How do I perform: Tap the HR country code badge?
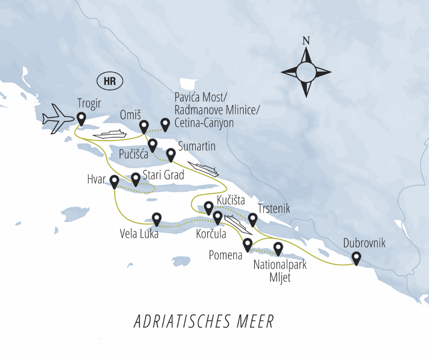110,82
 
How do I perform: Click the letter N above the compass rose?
306,41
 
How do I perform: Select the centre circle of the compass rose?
306,72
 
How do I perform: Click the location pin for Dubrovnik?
356,259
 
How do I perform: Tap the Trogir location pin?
82,118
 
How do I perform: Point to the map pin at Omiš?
144,126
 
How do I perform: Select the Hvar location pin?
115,182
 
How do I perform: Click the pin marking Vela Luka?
157,219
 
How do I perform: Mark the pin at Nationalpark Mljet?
278,249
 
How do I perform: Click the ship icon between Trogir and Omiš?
109,134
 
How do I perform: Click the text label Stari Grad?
163,175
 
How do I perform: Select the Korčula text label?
211,235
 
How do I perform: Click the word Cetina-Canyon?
204,122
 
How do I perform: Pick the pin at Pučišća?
153,145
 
